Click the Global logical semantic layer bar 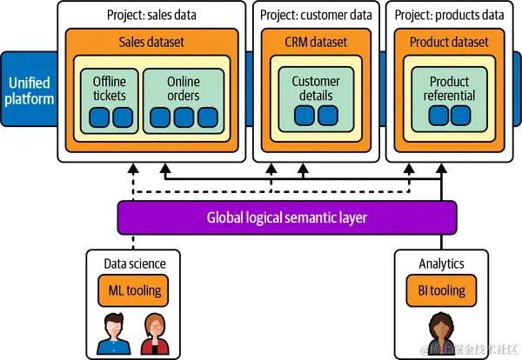(x=287, y=217)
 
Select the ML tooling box (x=134, y=290)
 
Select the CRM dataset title (x=316, y=42)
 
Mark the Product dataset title (x=449, y=42)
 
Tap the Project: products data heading (x=449, y=14)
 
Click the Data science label (x=135, y=263)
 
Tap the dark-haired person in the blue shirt (x=113, y=334)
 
